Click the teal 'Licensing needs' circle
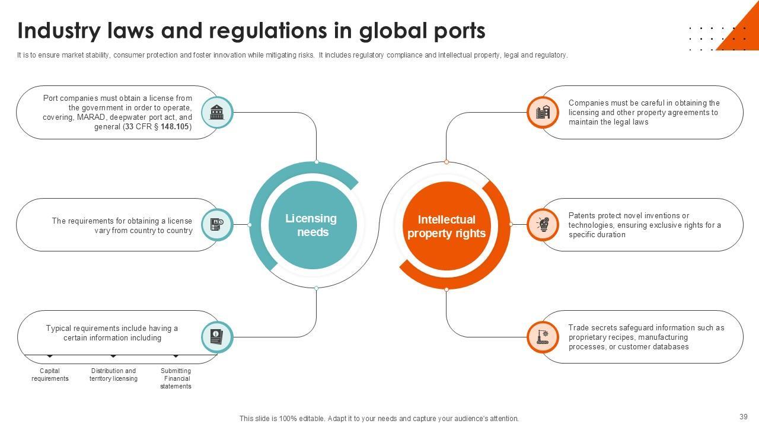(312, 225)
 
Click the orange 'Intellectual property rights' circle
(446, 226)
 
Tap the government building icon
(217, 112)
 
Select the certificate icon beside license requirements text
(217, 225)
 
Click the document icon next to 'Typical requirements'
(217, 337)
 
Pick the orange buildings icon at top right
(543, 112)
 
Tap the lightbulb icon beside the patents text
(543, 225)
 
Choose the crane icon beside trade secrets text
(543, 337)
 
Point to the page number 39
(744, 417)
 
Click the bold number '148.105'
(174, 127)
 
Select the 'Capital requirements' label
(50, 375)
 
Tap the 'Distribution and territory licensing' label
(113, 375)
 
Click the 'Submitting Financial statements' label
(176, 378)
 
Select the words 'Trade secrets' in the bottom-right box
(592, 328)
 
